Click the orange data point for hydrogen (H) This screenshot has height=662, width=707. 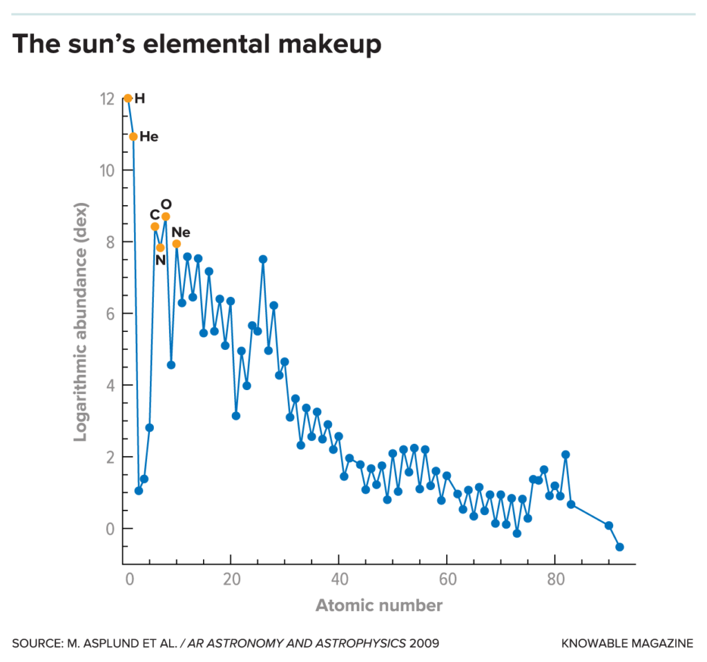click(128, 99)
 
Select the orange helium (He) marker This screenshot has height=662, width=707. click(133, 137)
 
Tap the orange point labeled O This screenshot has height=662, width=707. click(166, 217)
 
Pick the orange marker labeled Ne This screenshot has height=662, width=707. click(177, 244)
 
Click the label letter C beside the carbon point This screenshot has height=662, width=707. click(154, 215)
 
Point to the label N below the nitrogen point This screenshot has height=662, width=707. click(160, 261)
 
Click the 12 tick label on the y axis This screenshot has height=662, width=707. click(106, 99)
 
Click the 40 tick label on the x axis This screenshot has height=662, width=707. click(339, 578)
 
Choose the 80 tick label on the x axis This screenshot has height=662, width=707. click(554, 578)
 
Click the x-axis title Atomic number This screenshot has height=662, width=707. click(379, 606)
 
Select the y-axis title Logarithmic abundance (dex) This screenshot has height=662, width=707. click(80, 322)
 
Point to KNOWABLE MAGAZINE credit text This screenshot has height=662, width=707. click(628, 643)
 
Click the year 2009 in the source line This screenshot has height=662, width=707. click(424, 643)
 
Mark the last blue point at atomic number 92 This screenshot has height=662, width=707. click(619, 547)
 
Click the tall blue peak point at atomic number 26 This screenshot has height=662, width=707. click(263, 260)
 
